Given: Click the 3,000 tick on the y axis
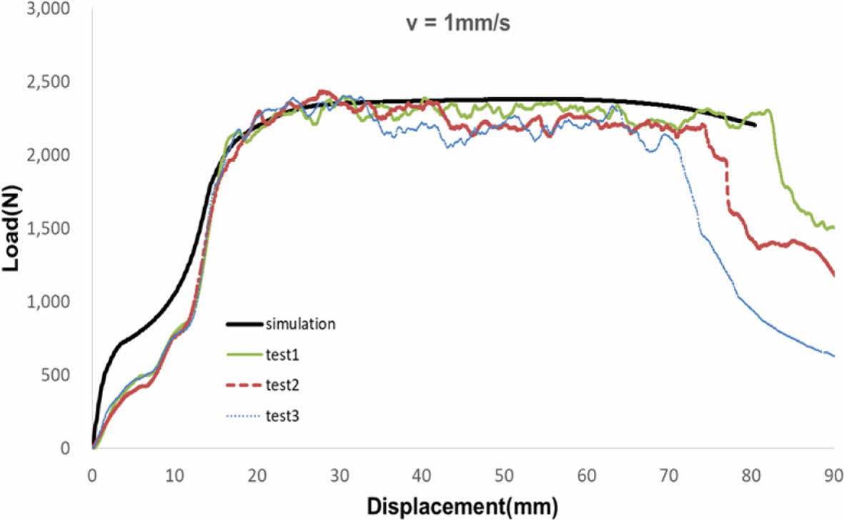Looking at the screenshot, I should pos(49,9).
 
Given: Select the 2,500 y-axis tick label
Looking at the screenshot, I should pos(49,83).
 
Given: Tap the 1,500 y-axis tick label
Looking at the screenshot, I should pos(49,229).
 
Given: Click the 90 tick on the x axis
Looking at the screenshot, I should pos(833,475).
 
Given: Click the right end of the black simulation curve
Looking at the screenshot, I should pos(755,125).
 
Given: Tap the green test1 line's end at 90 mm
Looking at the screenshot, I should pos(833,228).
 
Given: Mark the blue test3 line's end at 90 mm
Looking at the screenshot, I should pos(833,356).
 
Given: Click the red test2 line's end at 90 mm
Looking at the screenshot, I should pos(833,274).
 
